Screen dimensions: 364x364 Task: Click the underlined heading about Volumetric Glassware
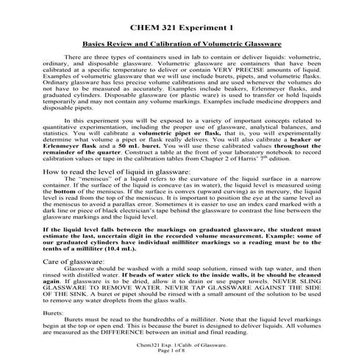pyautogui.click(x=182, y=45)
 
